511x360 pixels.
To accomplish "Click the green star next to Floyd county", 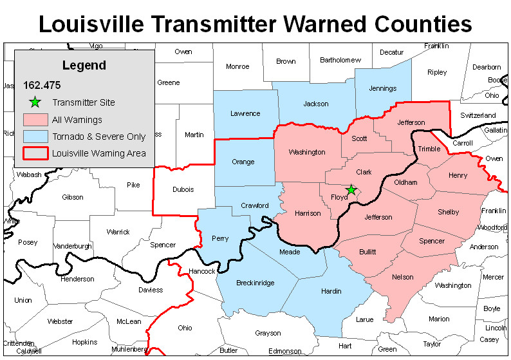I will [x=351, y=189].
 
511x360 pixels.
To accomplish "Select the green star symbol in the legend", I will [x=35, y=102].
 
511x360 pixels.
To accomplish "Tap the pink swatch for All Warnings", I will [x=35, y=120].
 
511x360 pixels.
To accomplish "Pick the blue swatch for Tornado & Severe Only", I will [x=35, y=137].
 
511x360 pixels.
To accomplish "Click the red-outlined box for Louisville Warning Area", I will [x=35, y=153].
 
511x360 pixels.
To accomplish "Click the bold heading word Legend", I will [x=84, y=66].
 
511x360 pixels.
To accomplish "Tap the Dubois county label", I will [x=183, y=189].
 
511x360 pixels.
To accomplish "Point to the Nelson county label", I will [x=403, y=277].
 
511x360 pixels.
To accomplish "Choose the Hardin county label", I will [x=331, y=291].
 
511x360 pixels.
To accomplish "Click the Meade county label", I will [x=290, y=252].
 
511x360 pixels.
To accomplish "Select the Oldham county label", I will [x=405, y=182].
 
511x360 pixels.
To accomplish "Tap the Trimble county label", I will [x=429, y=149].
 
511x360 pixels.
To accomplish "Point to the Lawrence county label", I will [x=245, y=113].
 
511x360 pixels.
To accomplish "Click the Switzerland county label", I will [x=478, y=115].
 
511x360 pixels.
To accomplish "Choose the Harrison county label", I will [x=307, y=213].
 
